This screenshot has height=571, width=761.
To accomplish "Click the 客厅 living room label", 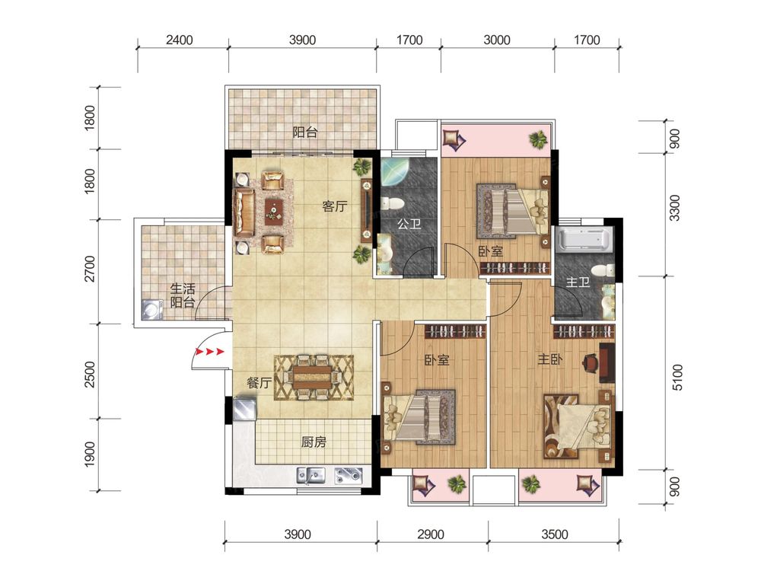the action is [335, 206].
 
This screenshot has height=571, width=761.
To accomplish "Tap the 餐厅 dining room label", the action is [260, 383].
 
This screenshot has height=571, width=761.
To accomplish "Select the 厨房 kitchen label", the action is [314, 442].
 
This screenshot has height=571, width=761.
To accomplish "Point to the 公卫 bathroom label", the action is [409, 224].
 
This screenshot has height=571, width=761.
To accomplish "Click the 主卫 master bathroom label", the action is [578, 282].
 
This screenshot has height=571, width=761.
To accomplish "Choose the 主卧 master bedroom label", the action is [550, 359].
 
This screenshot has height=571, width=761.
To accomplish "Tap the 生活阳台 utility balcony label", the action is [183, 295].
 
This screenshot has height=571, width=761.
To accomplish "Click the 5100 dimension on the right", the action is [677, 378].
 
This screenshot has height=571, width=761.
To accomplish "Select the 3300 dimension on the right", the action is [674, 208].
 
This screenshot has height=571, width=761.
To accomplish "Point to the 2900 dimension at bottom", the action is [431, 534].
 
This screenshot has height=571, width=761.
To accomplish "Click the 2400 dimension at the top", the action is [179, 40].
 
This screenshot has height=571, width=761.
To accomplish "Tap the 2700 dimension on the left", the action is [90, 269].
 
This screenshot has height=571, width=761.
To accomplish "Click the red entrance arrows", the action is [210, 351].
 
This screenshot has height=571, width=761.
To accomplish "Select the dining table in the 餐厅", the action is [313, 378].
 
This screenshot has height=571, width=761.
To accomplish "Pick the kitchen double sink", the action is [310, 475].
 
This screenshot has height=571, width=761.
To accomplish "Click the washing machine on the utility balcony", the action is [152, 309].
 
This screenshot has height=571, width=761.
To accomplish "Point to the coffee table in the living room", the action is [275, 212].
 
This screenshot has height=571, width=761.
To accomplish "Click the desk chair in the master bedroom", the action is [591, 363].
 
